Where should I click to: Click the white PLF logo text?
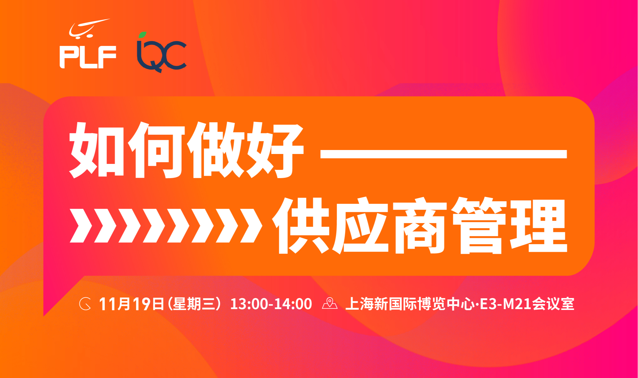click(88, 57)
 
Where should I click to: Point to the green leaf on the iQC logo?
click(142, 35)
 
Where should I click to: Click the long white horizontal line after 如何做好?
click(444, 154)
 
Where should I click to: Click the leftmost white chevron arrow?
click(81, 226)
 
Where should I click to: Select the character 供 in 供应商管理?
click(301, 225)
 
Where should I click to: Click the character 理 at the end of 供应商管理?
click(539, 225)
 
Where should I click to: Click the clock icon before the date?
click(85, 304)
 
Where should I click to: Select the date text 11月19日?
click(131, 304)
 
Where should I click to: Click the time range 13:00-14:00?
click(271, 304)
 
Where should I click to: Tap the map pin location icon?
click(330, 303)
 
